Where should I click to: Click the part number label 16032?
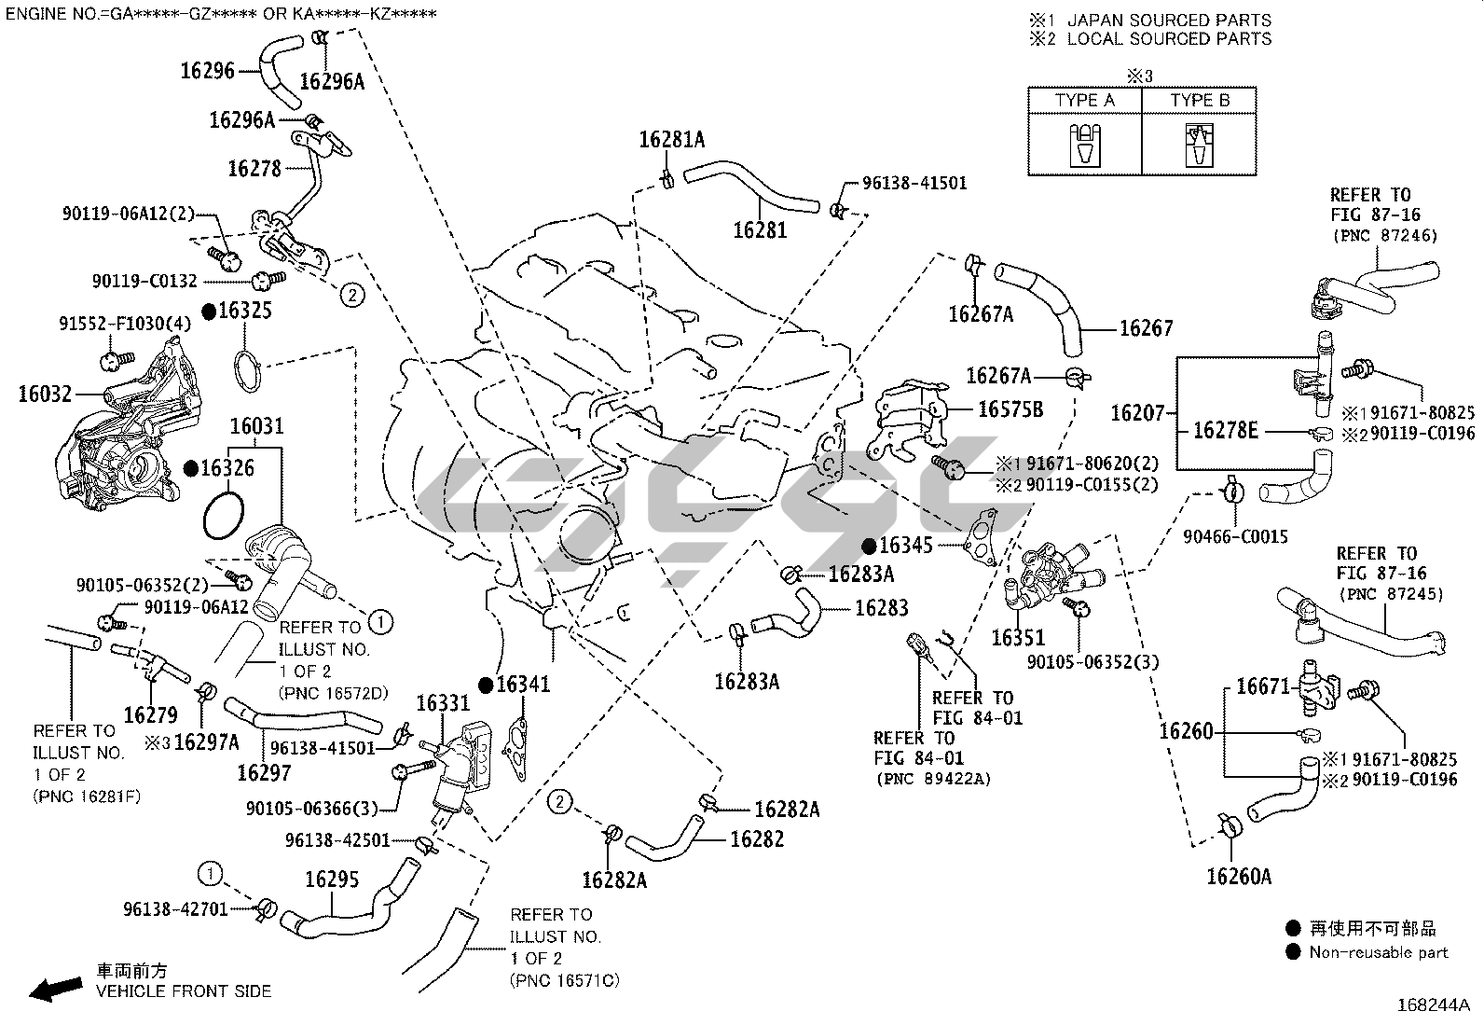[x=45, y=395]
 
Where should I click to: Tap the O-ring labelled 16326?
[x=224, y=515]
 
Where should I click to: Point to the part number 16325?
[x=245, y=311]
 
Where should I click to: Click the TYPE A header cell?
[x=1084, y=100]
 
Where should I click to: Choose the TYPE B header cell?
[x=1200, y=100]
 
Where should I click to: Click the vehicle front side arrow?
[x=55, y=990]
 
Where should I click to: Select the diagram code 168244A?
[x=1433, y=1005]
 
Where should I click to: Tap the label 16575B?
[x=1010, y=409]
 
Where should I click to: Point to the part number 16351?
[x=1018, y=638]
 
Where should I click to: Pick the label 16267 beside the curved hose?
[x=1146, y=328]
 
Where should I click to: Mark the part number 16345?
[x=906, y=546]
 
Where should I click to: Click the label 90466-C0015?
[x=1235, y=536]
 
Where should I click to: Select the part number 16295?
[x=333, y=880]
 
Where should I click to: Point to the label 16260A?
[x=1239, y=876]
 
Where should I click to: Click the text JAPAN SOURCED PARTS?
[x=1169, y=20]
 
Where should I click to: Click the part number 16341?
[x=523, y=685]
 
